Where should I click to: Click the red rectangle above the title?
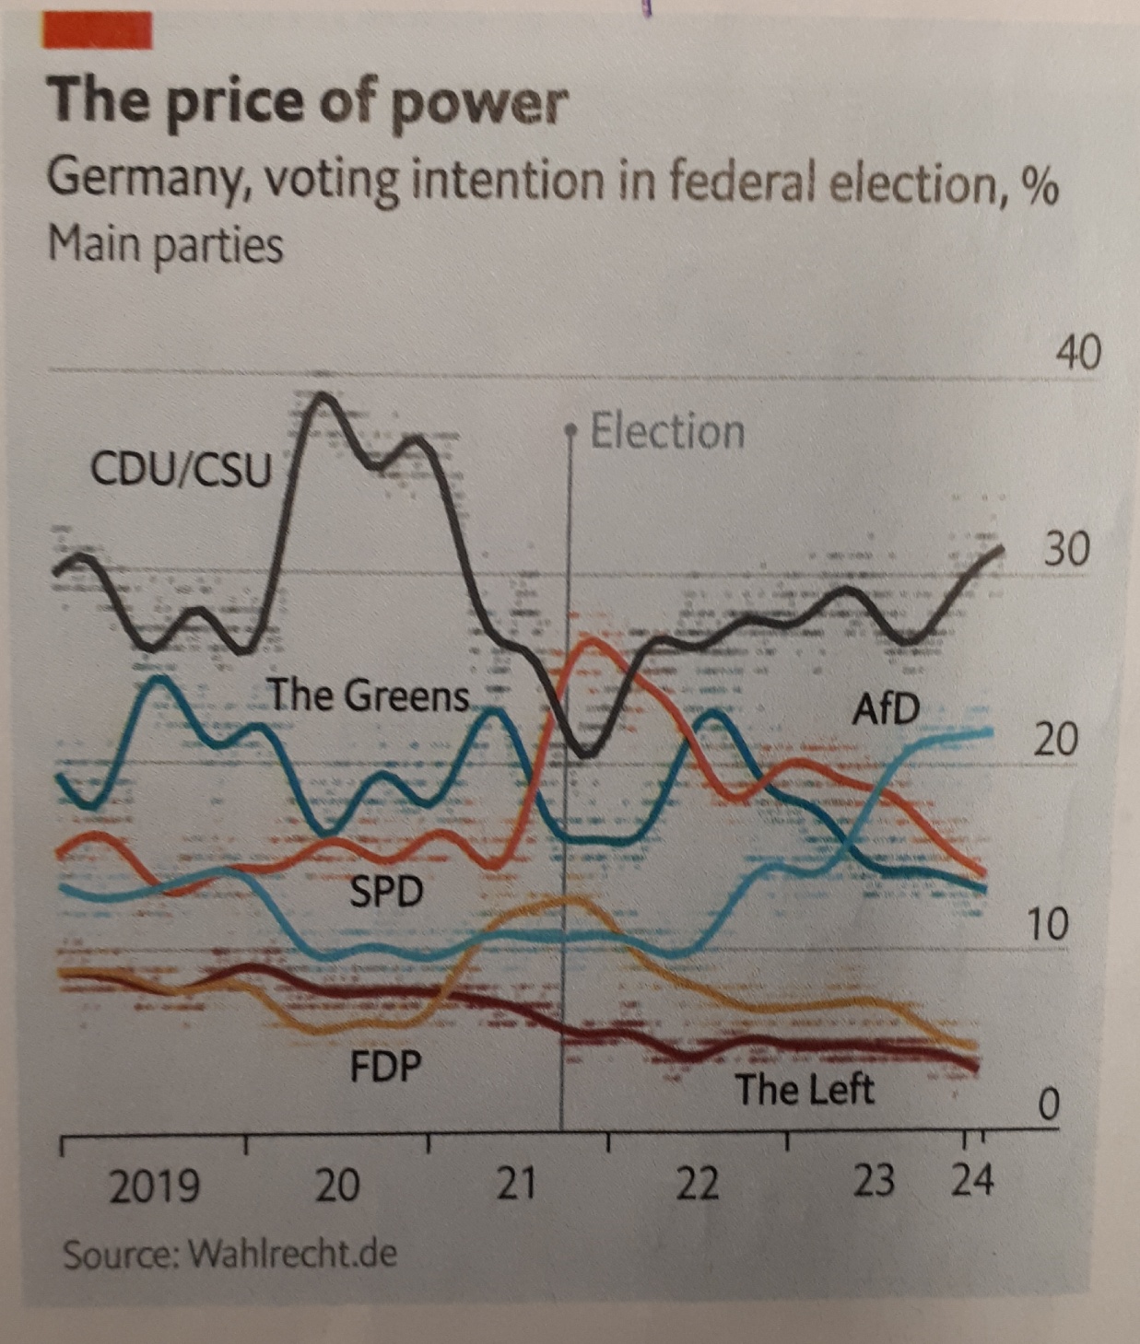(97, 31)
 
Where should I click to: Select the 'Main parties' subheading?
(165, 245)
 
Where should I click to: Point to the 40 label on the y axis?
(1077, 353)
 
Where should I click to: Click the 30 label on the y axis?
(1066, 549)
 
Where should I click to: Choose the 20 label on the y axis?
(1054, 739)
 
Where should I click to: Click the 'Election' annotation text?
(667, 432)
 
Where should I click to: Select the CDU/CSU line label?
(182, 470)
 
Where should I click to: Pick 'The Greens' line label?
(368, 695)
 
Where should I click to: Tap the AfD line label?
(885, 709)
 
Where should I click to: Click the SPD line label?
(386, 891)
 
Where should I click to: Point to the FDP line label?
(385, 1067)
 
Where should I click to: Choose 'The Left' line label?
(804, 1090)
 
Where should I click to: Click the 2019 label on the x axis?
(154, 1186)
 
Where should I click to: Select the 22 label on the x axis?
(697, 1183)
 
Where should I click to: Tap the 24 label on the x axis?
(973, 1179)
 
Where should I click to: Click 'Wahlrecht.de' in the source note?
(292, 1254)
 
